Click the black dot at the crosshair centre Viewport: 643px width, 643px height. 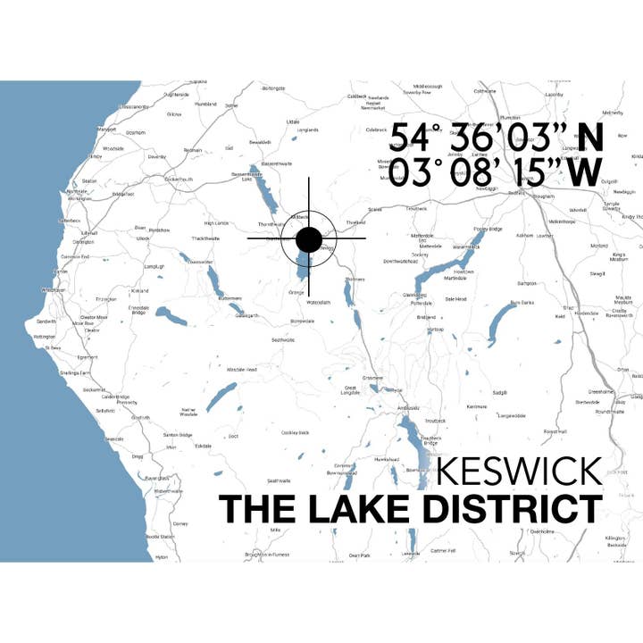pyautogui.click(x=308, y=239)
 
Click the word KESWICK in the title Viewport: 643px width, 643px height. pyautogui.click(x=520, y=472)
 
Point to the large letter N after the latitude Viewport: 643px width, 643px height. pyautogui.click(x=589, y=138)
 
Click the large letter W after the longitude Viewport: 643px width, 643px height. pyautogui.click(x=583, y=172)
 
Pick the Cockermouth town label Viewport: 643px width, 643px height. pyautogui.click(x=179, y=179)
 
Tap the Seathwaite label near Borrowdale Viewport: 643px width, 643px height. pyautogui.click(x=282, y=339)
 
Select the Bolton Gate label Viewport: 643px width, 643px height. pyautogui.click(x=273, y=88)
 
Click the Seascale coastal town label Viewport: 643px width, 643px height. pyautogui.click(x=114, y=438)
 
